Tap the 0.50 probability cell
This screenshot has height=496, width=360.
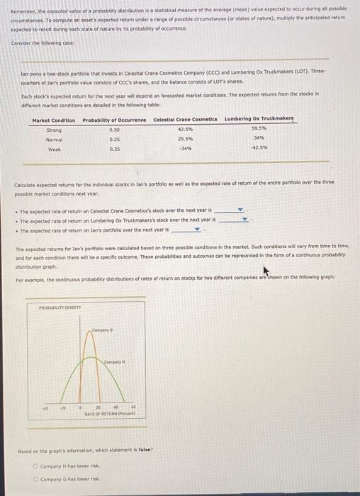click(115, 130)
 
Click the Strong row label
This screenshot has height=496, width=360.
click(54, 130)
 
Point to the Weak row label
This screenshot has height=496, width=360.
click(54, 149)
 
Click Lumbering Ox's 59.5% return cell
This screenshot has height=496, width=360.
click(259, 128)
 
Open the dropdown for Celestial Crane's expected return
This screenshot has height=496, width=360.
click(240, 210)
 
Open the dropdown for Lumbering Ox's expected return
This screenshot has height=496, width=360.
click(246, 220)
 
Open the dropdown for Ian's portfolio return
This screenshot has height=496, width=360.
click(198, 229)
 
